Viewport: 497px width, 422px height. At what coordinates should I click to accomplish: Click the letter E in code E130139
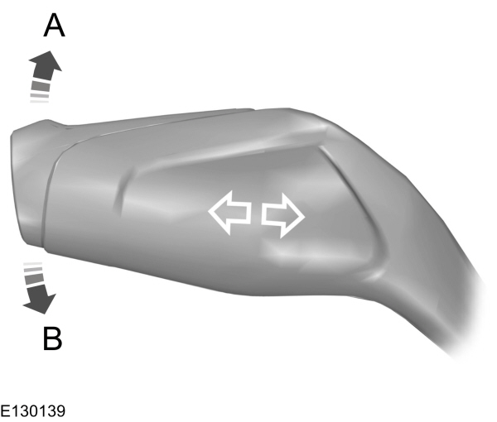[6, 410]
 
